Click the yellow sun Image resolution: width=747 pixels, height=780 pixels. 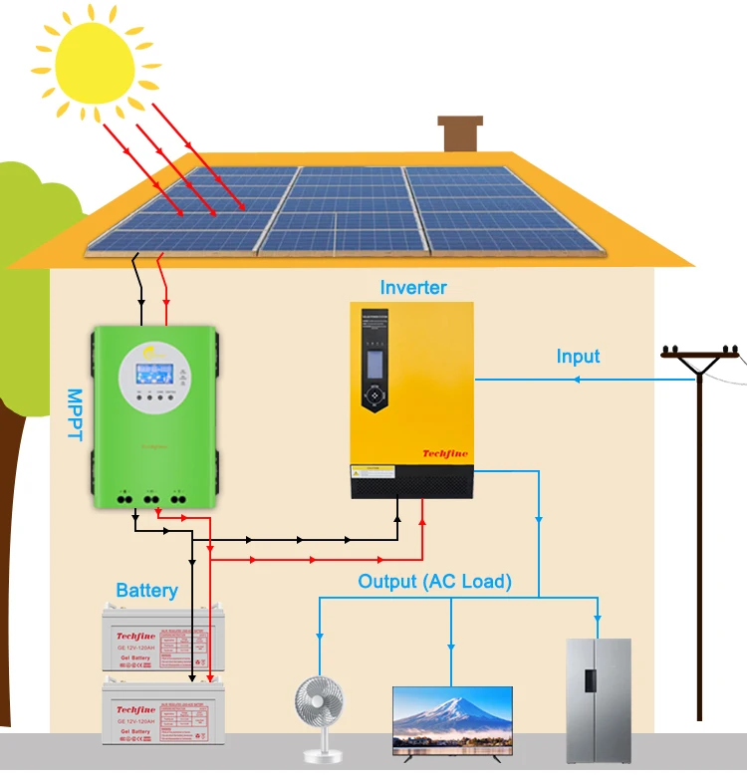pos(88,62)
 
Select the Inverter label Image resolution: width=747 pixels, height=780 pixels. pos(413,288)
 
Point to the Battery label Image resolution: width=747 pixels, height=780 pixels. pos(146,591)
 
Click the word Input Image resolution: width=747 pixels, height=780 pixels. pos(578,356)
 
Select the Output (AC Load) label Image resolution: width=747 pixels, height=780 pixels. pos(434,581)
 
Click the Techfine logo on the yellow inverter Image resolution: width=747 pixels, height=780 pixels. pos(445,454)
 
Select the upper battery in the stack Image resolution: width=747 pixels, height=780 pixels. pos(159,642)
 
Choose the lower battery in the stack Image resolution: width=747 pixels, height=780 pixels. pos(159,709)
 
